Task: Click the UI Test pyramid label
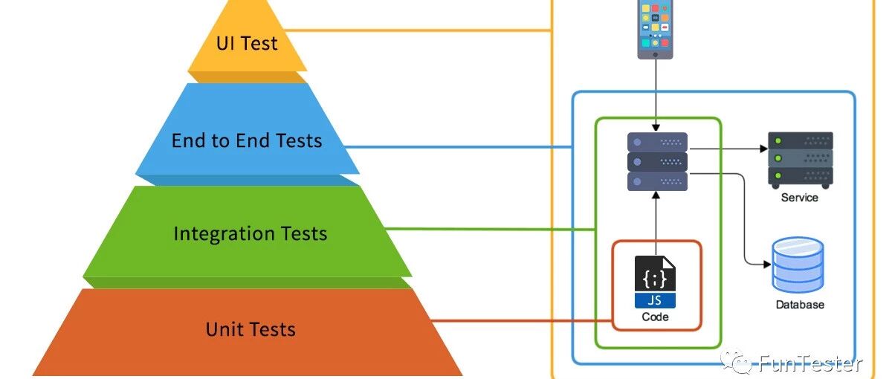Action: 247,43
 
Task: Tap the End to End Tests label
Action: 247,140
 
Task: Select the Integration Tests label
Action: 250,234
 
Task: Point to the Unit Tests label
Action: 251,329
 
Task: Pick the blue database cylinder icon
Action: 798,266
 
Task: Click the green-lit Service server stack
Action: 800,159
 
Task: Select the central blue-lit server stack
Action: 657,162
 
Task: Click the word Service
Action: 799,198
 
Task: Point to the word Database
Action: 800,305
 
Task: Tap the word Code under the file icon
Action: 655,317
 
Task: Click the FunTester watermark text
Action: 810,363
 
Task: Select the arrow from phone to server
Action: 656,93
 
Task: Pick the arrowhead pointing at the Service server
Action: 763,149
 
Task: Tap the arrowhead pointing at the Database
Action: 766,265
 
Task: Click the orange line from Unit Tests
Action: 520,321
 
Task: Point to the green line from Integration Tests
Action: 491,228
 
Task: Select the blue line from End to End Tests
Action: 461,147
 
